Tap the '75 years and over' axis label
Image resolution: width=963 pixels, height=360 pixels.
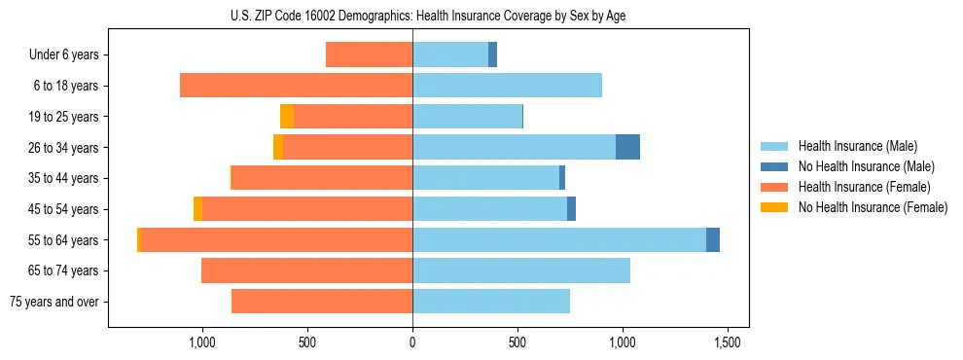point(53,302)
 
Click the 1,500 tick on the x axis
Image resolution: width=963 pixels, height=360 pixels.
point(728,343)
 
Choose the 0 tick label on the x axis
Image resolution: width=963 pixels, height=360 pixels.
point(412,343)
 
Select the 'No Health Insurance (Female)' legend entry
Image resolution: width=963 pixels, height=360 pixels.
point(873,207)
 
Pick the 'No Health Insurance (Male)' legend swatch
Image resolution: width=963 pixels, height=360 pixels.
point(776,166)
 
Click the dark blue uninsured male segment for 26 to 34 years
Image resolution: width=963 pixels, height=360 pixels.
point(627,147)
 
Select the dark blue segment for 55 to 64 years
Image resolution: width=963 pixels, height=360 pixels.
point(713,239)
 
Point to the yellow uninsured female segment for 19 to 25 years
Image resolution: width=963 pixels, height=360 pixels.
point(287,116)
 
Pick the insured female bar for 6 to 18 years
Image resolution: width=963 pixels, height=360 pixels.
point(297,86)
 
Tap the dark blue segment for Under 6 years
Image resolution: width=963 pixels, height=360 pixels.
point(493,54)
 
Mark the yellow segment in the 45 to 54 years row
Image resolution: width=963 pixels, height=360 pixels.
point(198,209)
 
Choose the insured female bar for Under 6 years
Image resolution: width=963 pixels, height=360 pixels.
point(369,54)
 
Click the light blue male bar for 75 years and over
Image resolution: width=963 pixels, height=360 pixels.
point(491,302)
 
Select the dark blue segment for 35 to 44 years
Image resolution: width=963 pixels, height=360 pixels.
point(562,178)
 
